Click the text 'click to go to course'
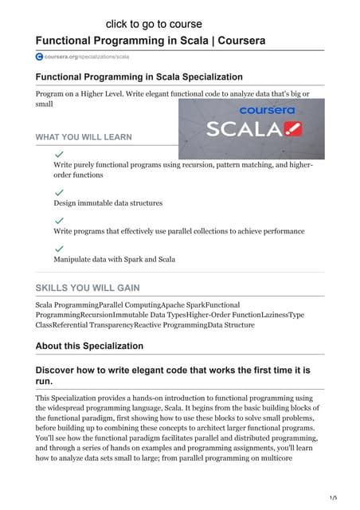154,24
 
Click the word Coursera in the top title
239,40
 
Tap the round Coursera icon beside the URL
40,57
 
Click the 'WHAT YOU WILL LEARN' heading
84,137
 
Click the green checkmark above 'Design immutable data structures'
59,192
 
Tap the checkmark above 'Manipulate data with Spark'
59,249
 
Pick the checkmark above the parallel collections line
59,220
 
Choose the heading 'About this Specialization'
89,346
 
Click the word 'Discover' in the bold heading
62,371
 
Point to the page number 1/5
343,497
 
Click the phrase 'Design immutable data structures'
108,203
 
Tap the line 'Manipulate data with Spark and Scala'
114,260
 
